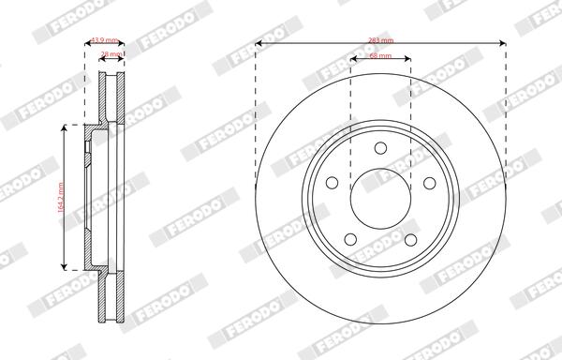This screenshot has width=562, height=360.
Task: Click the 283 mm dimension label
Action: point(380,38)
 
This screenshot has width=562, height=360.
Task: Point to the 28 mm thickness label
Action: point(111,54)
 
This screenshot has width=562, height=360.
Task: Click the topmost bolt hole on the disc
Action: point(380,146)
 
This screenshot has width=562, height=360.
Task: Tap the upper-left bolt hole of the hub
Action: point(331,183)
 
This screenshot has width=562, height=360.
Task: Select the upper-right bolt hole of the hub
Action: point(430,183)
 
